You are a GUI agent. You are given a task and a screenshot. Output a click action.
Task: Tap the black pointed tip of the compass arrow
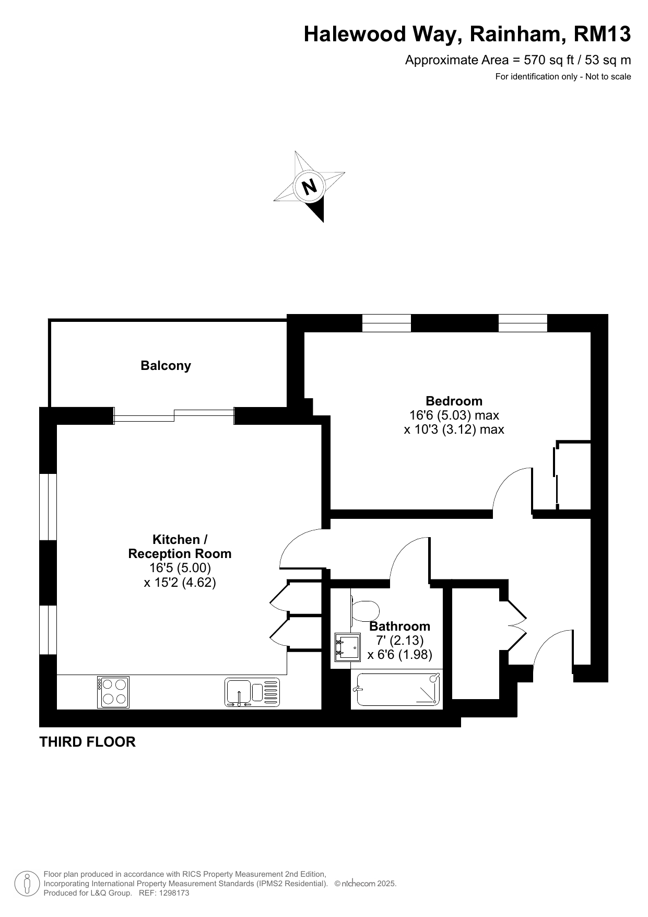tap(323, 222)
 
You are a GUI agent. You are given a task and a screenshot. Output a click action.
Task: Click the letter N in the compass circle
tap(310, 187)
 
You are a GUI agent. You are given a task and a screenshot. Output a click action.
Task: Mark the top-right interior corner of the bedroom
tap(591, 332)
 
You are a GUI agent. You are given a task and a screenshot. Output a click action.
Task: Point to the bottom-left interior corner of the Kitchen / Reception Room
tap(57, 709)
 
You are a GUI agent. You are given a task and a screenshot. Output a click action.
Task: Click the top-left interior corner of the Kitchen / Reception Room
tap(57, 425)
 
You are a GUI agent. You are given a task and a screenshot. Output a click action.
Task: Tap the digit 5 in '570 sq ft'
tap(528, 60)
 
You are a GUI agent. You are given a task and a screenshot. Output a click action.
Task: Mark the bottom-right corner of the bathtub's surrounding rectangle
tap(443, 709)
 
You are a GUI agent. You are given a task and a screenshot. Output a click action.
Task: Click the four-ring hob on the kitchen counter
tap(113, 692)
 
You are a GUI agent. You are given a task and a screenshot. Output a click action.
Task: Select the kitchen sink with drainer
tap(252, 692)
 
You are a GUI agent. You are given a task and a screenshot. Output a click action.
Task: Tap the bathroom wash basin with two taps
tap(347, 647)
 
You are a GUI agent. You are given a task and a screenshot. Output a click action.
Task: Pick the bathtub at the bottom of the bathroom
tap(397, 689)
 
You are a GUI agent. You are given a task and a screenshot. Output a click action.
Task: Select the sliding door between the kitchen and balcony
tap(174, 416)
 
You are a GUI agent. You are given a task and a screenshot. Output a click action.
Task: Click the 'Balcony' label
tap(166, 366)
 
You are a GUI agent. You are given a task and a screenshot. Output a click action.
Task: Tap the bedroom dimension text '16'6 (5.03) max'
tap(454, 415)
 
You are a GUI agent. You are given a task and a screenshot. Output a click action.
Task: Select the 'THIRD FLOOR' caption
tap(87, 742)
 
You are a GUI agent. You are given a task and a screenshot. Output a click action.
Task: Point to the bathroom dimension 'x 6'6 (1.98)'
tap(400, 655)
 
